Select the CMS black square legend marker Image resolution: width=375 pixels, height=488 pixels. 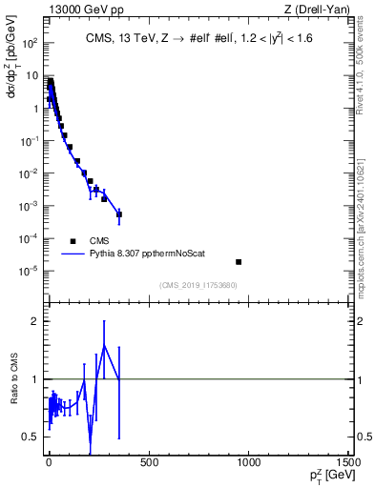(73, 241)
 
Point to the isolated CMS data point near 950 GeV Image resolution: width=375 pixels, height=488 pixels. (239, 262)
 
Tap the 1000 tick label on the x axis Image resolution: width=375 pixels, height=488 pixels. (250, 463)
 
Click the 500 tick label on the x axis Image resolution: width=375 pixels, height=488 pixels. (149, 463)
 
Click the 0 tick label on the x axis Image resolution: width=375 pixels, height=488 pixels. (48, 463)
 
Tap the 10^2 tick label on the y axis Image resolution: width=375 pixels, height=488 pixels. (28, 44)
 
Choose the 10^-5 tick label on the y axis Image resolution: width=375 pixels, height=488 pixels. (28, 271)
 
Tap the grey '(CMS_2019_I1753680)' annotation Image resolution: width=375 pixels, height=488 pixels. (198, 285)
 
